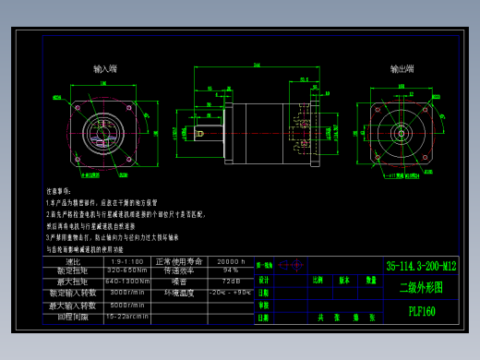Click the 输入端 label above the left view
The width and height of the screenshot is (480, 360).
(105, 69)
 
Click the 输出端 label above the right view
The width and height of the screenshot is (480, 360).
(402, 69)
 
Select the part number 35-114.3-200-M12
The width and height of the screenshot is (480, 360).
(421, 266)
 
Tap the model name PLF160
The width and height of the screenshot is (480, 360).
(422, 311)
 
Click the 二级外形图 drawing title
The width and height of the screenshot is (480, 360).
(421, 288)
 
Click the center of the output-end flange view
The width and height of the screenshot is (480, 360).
(402, 132)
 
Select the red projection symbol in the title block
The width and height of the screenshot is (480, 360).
(294, 265)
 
